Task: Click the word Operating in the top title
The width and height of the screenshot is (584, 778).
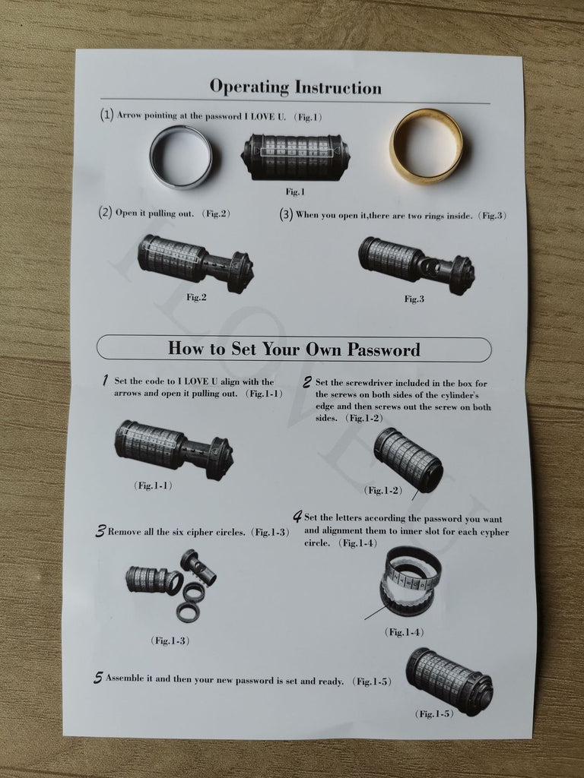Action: (249, 87)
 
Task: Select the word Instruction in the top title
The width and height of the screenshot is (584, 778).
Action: (338, 87)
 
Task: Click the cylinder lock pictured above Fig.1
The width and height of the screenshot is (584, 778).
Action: (295, 157)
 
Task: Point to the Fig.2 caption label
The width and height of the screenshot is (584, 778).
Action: (196, 297)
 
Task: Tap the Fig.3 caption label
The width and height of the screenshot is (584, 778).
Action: (414, 299)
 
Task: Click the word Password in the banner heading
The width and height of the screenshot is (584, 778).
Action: (383, 349)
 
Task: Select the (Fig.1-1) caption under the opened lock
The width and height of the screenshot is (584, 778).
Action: (153, 485)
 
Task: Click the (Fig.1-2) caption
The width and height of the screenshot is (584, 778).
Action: (383, 490)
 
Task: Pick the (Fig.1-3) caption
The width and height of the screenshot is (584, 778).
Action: (170, 640)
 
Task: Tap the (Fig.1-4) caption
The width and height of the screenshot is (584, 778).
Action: (405, 632)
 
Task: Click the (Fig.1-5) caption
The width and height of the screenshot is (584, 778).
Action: (434, 714)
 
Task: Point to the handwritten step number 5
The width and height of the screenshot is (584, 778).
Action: (98, 678)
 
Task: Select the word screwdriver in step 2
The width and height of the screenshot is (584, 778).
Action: (370, 383)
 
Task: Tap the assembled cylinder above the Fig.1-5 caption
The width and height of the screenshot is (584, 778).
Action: (449, 681)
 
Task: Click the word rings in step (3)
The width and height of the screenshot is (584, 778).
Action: (436, 216)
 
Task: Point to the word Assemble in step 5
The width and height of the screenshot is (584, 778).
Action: (125, 678)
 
